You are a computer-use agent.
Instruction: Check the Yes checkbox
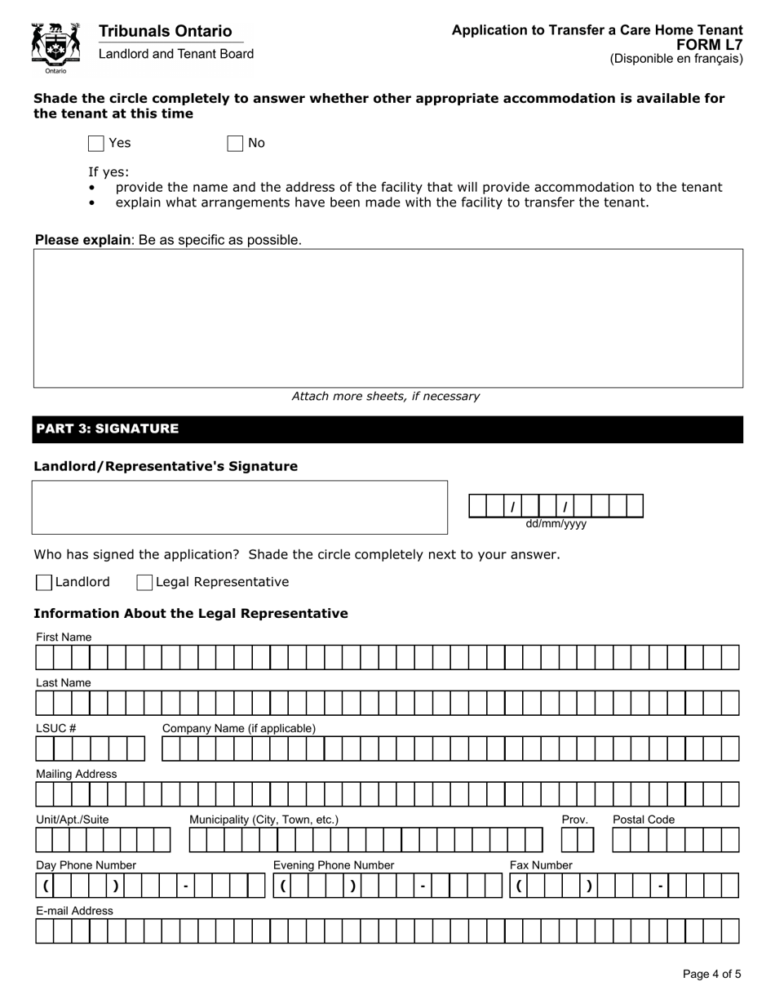[x=96, y=144]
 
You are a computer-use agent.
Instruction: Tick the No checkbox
[x=235, y=144]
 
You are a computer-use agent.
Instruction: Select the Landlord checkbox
[x=44, y=583]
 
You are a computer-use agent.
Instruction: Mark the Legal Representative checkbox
[x=144, y=583]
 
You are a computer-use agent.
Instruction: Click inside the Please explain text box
[x=387, y=318]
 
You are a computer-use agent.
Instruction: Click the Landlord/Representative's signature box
[x=240, y=508]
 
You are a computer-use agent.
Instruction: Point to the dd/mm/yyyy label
[x=556, y=525]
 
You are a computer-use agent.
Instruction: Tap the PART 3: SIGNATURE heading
[x=107, y=429]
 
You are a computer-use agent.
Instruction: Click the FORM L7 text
[x=710, y=46]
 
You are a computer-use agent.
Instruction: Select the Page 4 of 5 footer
[x=711, y=974]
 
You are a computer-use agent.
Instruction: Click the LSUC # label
[x=56, y=728]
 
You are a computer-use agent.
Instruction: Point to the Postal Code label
[x=644, y=820]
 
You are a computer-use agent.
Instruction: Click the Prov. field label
[x=574, y=820]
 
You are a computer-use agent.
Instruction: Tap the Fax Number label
[x=541, y=865]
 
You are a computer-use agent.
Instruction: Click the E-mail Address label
[x=74, y=911]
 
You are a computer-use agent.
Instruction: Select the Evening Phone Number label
[x=333, y=865]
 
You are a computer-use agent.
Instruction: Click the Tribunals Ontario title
[x=165, y=32]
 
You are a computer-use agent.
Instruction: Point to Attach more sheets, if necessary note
[x=386, y=397]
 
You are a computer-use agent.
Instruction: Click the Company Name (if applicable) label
[x=239, y=728]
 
